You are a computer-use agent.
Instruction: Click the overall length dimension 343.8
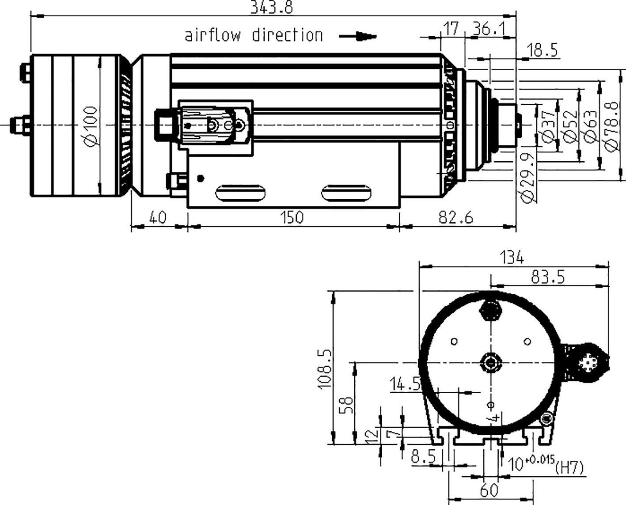pos(271,7)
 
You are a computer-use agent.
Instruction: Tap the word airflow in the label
pos(212,35)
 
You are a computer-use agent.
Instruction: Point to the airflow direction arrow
pos(358,36)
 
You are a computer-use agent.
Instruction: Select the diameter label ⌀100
pos(91,125)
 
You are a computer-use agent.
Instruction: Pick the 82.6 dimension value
pos(455,217)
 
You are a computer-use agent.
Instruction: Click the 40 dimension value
pos(157,217)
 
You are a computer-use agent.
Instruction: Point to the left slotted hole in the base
pos(240,194)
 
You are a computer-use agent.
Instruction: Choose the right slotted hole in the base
pos(346,194)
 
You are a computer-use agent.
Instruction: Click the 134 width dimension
pos(511,257)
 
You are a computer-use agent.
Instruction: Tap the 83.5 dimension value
pos(548,277)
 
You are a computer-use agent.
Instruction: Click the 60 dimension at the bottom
pos(489,490)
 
